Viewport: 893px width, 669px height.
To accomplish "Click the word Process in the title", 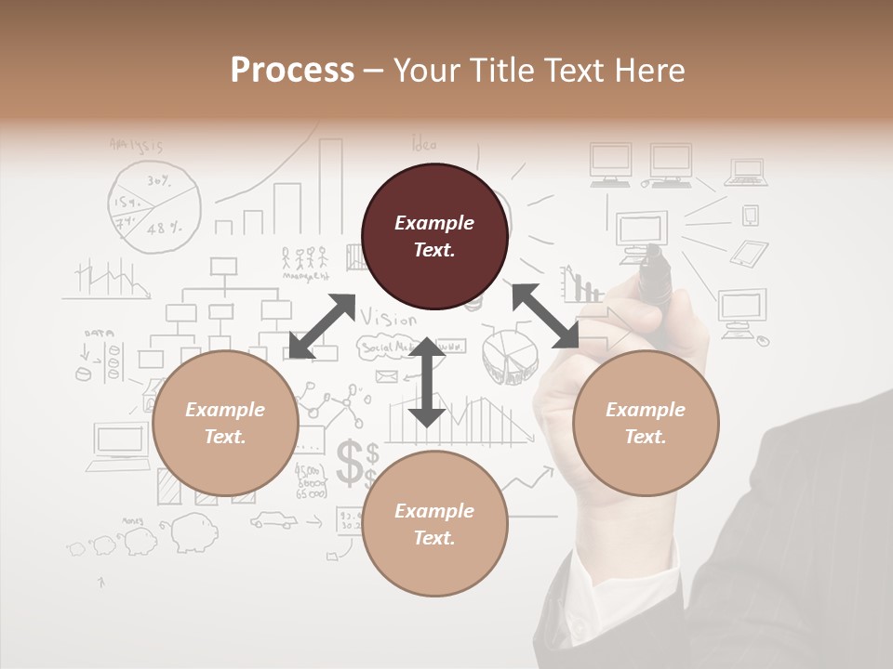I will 292,71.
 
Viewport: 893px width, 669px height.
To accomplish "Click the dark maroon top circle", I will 434,236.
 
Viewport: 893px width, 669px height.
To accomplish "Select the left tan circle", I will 225,424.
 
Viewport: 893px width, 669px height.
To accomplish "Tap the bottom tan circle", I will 434,524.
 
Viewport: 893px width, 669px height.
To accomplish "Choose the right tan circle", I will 646,424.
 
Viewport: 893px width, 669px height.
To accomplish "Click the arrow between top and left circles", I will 322,326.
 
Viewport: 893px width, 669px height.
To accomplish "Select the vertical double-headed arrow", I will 427,382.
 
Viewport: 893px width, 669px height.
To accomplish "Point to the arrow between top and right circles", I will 545,316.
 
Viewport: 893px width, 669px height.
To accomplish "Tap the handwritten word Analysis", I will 136,145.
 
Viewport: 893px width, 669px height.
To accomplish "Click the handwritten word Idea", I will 424,145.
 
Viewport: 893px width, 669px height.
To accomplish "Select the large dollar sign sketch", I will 352,462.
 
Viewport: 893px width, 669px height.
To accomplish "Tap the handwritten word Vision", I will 390,318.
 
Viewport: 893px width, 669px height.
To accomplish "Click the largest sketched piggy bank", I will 191,533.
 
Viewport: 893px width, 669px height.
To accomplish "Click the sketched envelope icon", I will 386,376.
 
